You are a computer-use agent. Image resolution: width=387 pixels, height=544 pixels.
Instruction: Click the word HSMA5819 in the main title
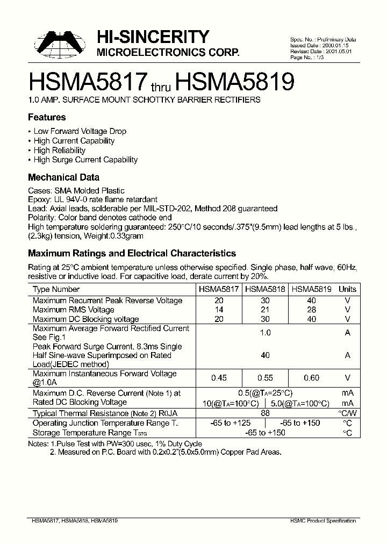pyautogui.click(x=235, y=82)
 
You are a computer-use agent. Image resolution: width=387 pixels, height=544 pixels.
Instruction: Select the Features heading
pyautogui.click(x=47, y=117)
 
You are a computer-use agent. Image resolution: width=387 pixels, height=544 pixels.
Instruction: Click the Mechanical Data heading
pyautogui.click(x=63, y=177)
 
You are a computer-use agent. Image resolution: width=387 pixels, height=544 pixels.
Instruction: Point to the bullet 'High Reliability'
pyautogui.click(x=59, y=151)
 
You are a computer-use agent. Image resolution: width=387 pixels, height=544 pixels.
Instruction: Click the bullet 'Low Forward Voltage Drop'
pyautogui.click(x=80, y=131)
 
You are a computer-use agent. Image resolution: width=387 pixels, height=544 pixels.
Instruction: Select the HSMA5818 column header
pyautogui.click(x=265, y=289)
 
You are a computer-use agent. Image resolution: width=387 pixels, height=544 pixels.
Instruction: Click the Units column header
pyautogui.click(x=347, y=289)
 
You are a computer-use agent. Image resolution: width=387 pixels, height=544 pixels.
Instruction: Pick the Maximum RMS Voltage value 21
pyautogui.click(x=265, y=310)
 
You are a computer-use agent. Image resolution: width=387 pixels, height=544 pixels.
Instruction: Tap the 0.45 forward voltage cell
pyautogui.click(x=219, y=378)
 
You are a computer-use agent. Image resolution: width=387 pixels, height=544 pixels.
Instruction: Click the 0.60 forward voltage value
pyautogui.click(x=311, y=378)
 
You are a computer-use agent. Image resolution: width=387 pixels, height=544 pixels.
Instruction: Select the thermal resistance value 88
pyautogui.click(x=265, y=413)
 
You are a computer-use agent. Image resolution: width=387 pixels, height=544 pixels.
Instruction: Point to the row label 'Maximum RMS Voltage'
pyautogui.click(x=73, y=310)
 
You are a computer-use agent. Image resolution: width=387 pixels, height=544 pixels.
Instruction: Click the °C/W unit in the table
pyautogui.click(x=347, y=413)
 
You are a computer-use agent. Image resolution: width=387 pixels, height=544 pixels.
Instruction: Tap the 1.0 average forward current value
pyautogui.click(x=265, y=333)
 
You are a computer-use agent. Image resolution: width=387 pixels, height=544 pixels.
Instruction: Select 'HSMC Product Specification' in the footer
pyautogui.click(x=323, y=521)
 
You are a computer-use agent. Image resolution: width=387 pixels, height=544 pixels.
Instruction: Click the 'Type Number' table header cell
pyautogui.click(x=56, y=289)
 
